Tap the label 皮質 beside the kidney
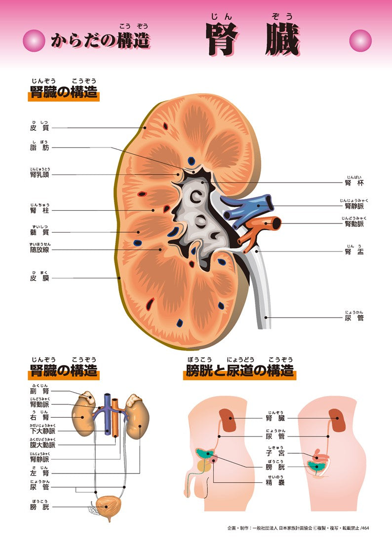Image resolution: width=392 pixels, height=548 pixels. tap(39, 128)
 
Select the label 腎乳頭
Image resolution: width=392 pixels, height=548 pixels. tap(39, 175)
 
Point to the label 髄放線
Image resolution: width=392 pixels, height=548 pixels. tap(39, 250)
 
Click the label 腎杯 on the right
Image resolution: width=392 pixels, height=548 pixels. tap(354, 183)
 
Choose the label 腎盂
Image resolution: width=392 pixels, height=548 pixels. tap(354, 252)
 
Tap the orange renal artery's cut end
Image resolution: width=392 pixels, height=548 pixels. tap(275, 224)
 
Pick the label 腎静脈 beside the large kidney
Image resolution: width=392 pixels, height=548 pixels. tap(354, 206)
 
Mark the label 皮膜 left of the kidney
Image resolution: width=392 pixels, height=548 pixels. tap(39, 278)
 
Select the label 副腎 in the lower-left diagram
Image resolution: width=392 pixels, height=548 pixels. tap(39, 392)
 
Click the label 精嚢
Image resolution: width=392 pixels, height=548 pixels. tap(275, 482)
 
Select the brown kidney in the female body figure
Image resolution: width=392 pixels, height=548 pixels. tap(337, 419)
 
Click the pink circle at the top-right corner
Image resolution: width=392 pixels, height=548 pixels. tap(360, 40)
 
